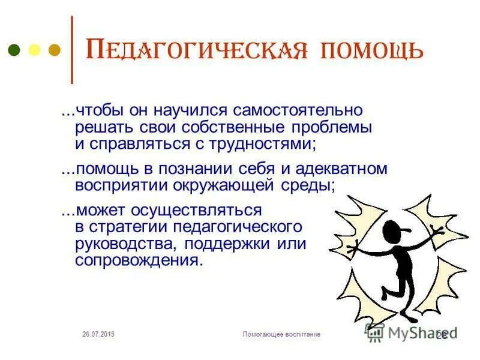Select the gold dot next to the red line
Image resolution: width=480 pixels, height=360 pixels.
click(x=54, y=50)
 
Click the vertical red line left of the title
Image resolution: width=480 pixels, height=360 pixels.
click(x=73, y=50)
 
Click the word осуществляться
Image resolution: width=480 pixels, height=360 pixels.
click(x=202, y=211)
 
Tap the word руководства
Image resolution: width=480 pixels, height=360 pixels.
click(x=127, y=244)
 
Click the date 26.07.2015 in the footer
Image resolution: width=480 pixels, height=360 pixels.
click(x=98, y=334)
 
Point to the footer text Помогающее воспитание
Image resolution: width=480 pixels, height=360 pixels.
click(x=281, y=334)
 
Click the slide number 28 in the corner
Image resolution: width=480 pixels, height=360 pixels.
click(x=442, y=334)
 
